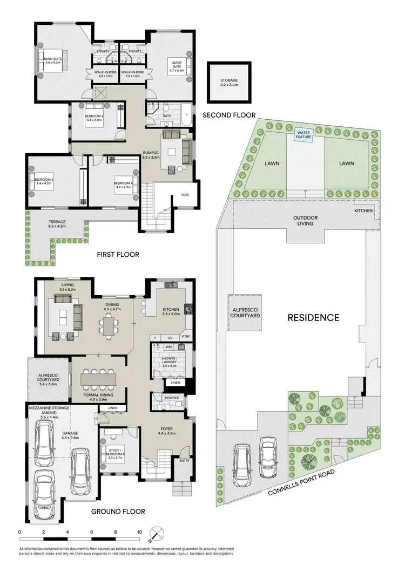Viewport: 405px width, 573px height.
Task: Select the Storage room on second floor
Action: (229, 83)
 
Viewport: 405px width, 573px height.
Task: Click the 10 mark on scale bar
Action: (139, 531)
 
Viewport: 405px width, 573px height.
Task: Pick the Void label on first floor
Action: (185, 195)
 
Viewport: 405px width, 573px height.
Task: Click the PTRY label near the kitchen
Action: (185, 337)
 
